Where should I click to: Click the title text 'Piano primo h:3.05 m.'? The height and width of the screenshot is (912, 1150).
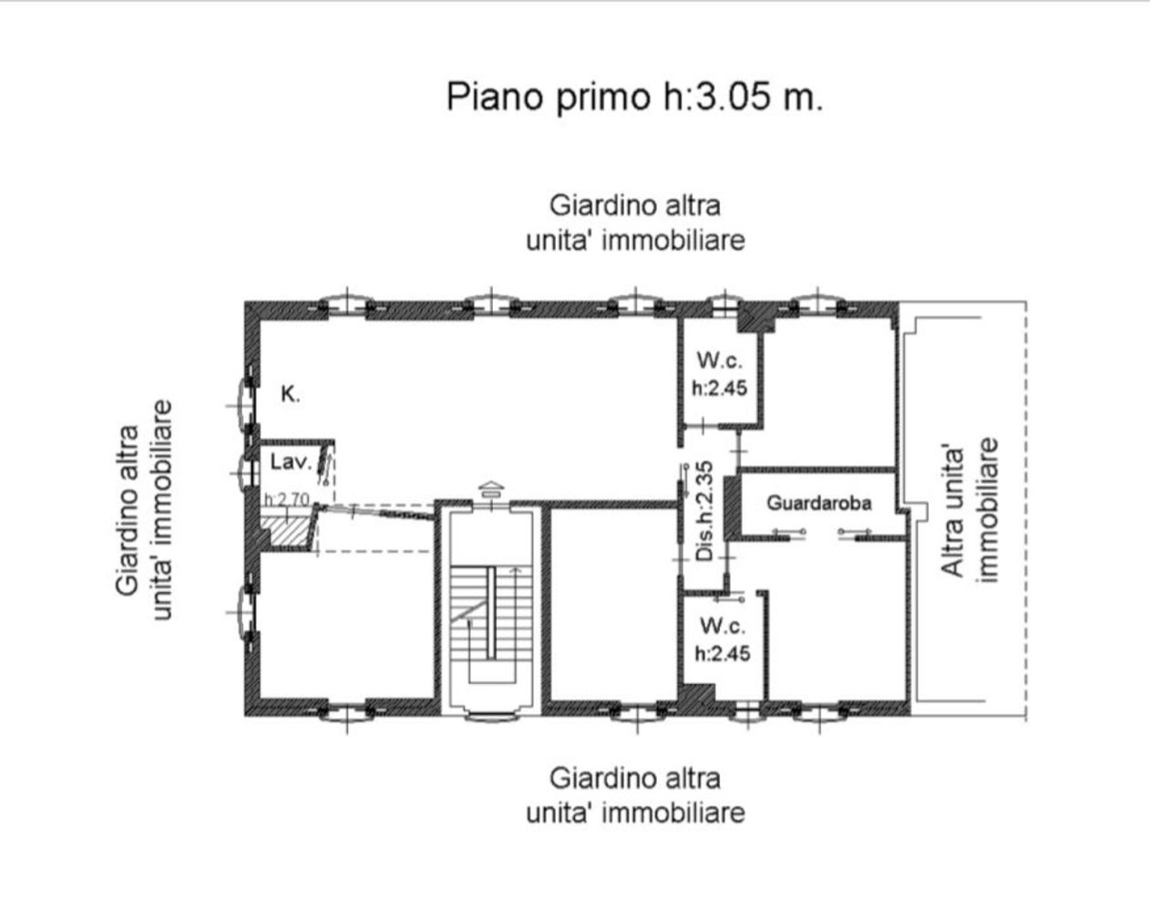pos(634,97)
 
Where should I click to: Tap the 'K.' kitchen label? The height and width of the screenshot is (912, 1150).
pos(290,395)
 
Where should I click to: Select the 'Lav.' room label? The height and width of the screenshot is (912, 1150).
pos(291,461)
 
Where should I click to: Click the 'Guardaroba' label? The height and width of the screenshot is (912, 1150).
pos(818,503)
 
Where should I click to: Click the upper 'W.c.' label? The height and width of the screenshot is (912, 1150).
pos(720,360)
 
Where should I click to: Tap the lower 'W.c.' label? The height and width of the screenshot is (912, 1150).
pos(722,627)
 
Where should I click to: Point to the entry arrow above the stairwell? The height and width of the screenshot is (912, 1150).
pos(490,490)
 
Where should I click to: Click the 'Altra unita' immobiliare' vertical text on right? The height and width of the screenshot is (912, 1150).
pos(969,511)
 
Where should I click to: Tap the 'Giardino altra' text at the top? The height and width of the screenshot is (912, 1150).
pos(634,205)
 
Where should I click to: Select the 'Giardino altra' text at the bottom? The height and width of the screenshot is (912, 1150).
pos(634,779)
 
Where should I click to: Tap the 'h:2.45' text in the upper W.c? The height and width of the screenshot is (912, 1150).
pos(719,388)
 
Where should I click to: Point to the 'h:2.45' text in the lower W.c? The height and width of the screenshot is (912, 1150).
pos(722,653)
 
